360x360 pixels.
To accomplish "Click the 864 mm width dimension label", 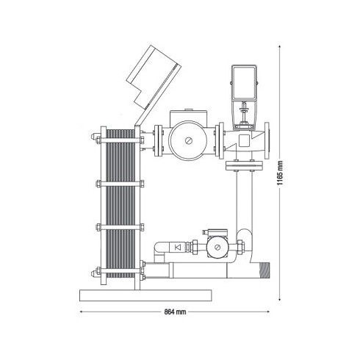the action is [x=175, y=312].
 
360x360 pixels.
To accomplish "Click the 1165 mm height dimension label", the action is [x=280, y=173].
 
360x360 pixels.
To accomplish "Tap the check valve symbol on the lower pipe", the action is [x=178, y=248].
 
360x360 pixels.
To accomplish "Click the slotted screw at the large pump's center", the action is [x=189, y=141].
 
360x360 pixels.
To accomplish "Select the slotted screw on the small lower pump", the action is [x=217, y=248].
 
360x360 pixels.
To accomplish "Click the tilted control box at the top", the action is [x=154, y=77].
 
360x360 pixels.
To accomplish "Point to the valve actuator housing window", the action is [x=244, y=83].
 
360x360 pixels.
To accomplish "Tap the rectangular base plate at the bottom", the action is [x=145, y=295].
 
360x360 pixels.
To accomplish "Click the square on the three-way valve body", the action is [x=245, y=140].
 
